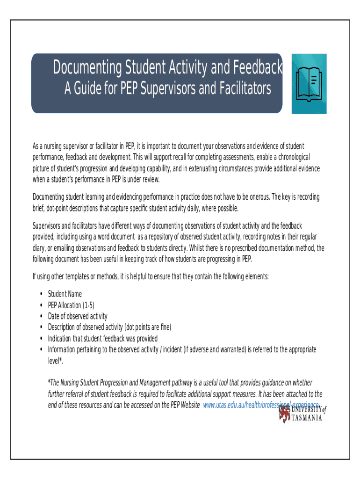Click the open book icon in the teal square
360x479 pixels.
point(309,84)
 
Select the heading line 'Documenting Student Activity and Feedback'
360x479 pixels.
point(167,69)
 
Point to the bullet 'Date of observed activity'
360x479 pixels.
point(78,316)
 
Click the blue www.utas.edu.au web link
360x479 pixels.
point(262,404)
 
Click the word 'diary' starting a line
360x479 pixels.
point(39,248)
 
